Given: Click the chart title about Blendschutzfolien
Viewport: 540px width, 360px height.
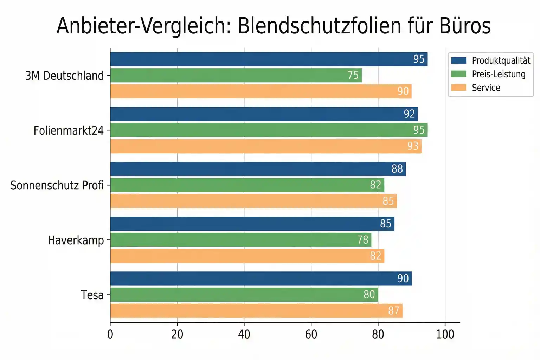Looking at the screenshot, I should click(x=273, y=26).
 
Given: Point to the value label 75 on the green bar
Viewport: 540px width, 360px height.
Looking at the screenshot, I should click(x=353, y=75).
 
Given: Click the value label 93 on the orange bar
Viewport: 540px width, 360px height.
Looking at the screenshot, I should click(x=413, y=146).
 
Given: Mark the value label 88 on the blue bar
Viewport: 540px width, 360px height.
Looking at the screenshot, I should click(x=397, y=169).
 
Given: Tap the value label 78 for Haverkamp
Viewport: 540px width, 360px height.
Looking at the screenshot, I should click(x=362, y=240).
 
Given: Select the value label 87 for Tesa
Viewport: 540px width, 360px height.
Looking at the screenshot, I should click(x=393, y=311).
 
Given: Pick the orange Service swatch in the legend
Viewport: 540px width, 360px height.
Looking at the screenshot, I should click(x=458, y=88).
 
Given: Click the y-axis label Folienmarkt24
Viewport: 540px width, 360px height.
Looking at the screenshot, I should click(x=69, y=130).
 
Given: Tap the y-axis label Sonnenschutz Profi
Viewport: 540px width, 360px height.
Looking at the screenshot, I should click(x=57, y=185).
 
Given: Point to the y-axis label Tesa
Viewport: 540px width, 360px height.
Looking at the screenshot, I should click(x=92, y=295).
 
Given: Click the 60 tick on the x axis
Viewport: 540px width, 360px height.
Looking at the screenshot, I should click(x=311, y=334).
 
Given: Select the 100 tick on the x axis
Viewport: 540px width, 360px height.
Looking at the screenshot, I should click(x=445, y=334).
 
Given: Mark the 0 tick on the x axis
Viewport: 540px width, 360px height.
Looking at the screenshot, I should click(x=110, y=334).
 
